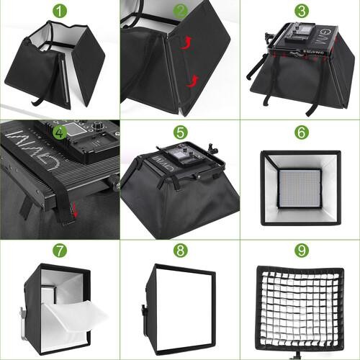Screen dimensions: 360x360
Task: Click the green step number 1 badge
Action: [x=59, y=12]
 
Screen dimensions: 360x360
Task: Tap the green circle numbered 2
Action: [x=180, y=12]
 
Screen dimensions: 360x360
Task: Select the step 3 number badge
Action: [x=299, y=12]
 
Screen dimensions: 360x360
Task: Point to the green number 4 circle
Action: [x=59, y=132]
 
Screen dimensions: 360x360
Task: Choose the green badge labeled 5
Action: [x=180, y=132]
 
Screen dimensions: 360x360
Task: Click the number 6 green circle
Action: [x=299, y=132]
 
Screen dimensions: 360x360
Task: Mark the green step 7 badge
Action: [x=59, y=251]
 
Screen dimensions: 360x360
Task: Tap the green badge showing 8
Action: [x=180, y=251]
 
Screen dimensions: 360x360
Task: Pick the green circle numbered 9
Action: [x=299, y=251]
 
